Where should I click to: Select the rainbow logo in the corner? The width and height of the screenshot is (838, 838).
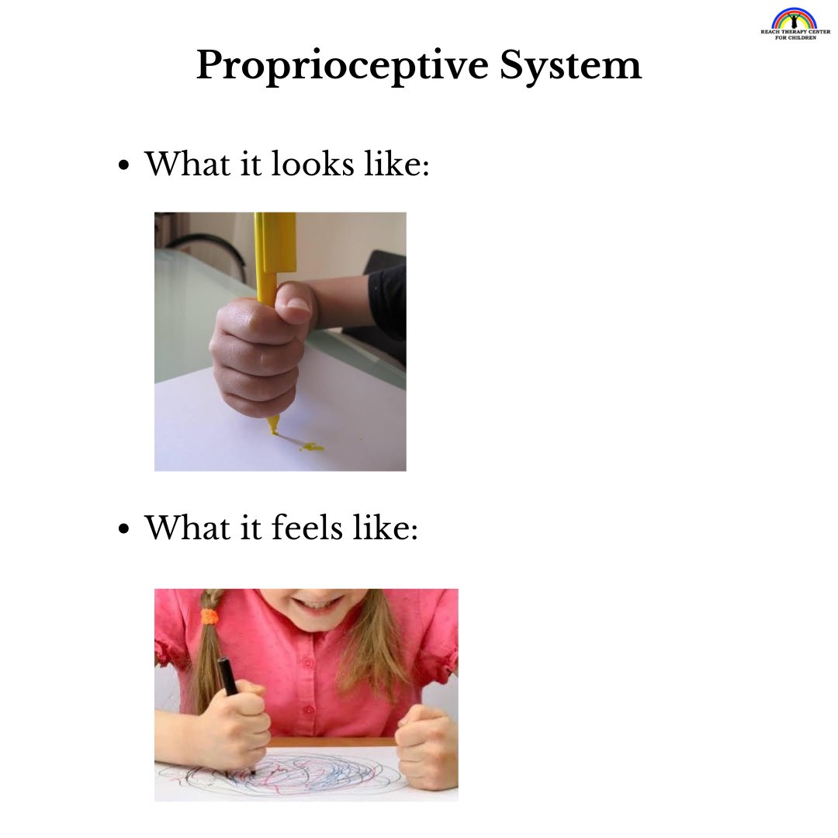pyautogui.click(x=794, y=19)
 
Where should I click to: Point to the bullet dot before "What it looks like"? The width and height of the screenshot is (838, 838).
pyautogui.click(x=123, y=166)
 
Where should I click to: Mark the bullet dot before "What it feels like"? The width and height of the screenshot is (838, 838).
pyautogui.click(x=123, y=531)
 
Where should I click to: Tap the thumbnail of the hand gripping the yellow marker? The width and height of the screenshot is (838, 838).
pyautogui.click(x=280, y=341)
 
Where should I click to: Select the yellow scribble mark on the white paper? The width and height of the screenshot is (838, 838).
pyautogui.click(x=309, y=446)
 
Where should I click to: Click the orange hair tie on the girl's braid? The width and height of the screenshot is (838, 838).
pyautogui.click(x=209, y=618)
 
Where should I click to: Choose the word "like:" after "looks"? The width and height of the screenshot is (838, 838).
pyautogui.click(x=397, y=164)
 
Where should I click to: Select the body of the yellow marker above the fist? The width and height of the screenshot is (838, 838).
pyautogui.click(x=275, y=248)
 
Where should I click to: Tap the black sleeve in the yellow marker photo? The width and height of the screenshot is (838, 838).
pyautogui.click(x=387, y=303)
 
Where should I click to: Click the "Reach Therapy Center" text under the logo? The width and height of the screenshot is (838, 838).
pyautogui.click(x=794, y=33)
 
